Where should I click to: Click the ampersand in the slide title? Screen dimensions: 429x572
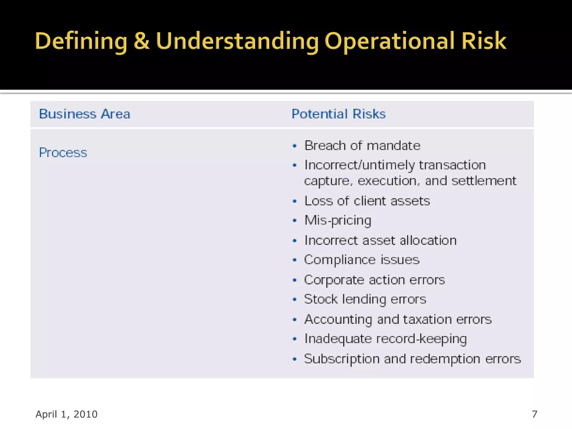click(142, 41)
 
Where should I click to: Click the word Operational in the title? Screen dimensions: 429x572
click(390, 41)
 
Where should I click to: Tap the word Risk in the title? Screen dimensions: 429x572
click(483, 41)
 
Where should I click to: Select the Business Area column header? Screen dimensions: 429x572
click(85, 114)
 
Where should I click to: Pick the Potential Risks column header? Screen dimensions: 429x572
click(339, 114)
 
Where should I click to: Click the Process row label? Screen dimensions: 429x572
click(63, 152)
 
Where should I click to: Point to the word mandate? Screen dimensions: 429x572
click(394, 146)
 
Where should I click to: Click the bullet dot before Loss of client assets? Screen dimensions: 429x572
click(294, 201)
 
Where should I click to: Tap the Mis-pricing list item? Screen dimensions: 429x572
click(338, 221)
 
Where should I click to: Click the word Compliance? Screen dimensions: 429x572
click(340, 260)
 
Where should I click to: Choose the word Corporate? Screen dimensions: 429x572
click(334, 280)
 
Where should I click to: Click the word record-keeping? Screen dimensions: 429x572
click(421, 339)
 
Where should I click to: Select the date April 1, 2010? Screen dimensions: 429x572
click(66, 414)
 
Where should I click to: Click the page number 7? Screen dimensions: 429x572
click(535, 414)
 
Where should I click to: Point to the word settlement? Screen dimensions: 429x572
click(484, 181)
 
